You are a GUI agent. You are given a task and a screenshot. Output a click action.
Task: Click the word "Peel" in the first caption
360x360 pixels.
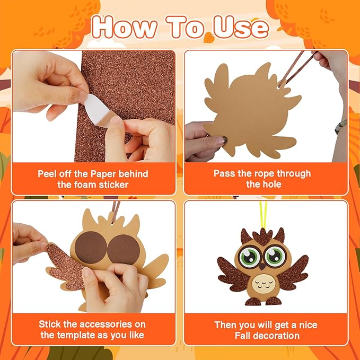[x=48, y=173]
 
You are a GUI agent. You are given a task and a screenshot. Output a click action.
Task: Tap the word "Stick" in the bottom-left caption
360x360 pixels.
[x=50, y=324]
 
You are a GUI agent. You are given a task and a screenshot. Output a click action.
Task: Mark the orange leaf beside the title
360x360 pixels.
[x=209, y=38]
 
